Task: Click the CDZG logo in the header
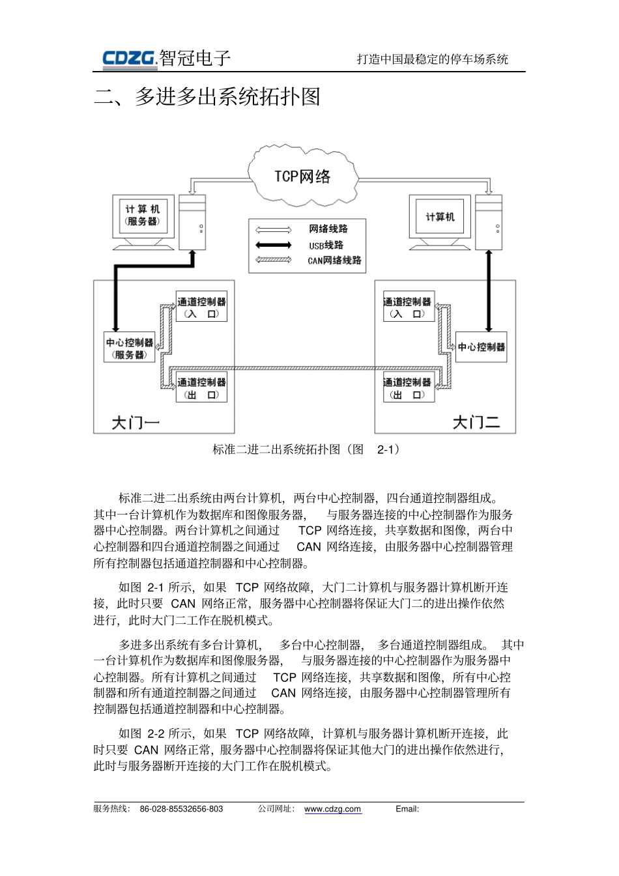(x=130, y=59)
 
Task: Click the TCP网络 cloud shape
(x=302, y=176)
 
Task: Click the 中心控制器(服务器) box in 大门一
(x=130, y=348)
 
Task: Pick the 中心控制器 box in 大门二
(x=481, y=347)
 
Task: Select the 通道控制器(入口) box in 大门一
(x=201, y=307)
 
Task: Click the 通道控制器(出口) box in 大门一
(x=201, y=388)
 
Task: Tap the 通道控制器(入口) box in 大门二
(x=408, y=307)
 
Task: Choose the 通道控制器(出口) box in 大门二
(x=408, y=388)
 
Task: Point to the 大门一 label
(x=136, y=423)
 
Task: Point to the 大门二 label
(x=476, y=423)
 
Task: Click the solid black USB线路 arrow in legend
(x=274, y=245)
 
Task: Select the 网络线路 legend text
(x=328, y=229)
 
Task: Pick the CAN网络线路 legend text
(x=334, y=261)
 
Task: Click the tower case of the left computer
(x=192, y=222)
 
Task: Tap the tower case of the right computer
(x=489, y=222)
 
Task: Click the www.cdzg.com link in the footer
(x=332, y=809)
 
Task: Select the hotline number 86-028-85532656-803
(x=181, y=809)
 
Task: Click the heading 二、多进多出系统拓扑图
(x=208, y=98)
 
